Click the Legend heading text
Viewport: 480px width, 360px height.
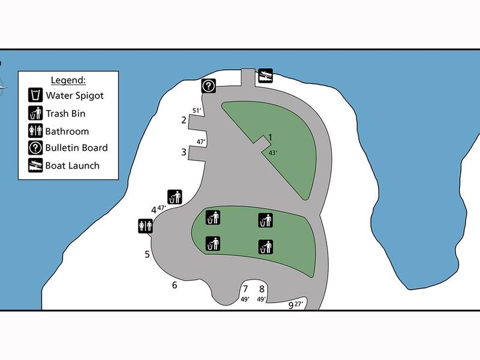coord(68,80)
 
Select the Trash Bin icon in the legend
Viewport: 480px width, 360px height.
coord(35,113)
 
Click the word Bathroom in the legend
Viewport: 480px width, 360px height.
coord(67,131)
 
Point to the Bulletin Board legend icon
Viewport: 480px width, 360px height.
coord(35,148)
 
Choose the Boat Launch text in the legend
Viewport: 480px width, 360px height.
coord(73,165)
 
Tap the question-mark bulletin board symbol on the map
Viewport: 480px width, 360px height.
coord(208,86)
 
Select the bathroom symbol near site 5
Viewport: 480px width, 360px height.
coord(145,226)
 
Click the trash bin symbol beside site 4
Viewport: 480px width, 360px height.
coord(174,197)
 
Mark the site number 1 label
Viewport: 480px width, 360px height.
coord(271,137)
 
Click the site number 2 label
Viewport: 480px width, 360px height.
coord(184,120)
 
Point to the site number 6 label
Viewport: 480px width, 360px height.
coord(175,285)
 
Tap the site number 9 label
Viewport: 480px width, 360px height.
coord(291,305)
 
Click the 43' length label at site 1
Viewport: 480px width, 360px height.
coord(273,153)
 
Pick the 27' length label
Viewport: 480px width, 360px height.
coord(300,304)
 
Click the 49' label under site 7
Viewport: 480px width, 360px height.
coord(244,299)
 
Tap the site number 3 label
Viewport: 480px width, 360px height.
coord(184,152)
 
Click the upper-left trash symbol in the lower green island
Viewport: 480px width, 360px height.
coord(212,217)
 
